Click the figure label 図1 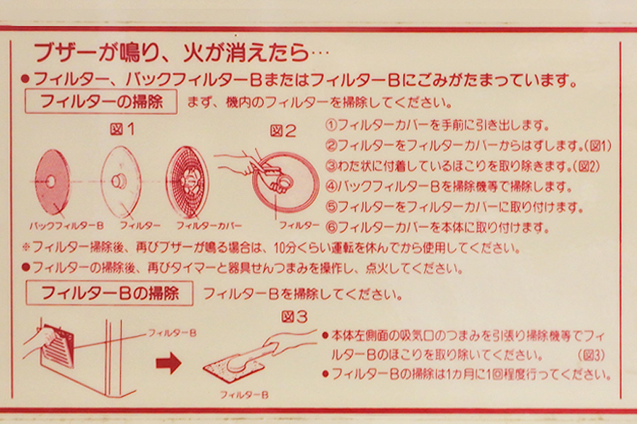point(122,129)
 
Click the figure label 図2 point(283,131)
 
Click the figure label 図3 point(294,317)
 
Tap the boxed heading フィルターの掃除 point(101,102)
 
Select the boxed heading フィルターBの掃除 point(109,293)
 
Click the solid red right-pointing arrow point(168,363)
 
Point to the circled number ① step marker point(331,125)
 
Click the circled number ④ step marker point(331,187)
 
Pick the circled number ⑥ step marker point(331,228)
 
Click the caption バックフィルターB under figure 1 point(67,225)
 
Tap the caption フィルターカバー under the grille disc point(209,225)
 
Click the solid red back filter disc point(52,182)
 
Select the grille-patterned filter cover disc point(188,182)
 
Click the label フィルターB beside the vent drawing point(172,333)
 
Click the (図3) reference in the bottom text point(591,355)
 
